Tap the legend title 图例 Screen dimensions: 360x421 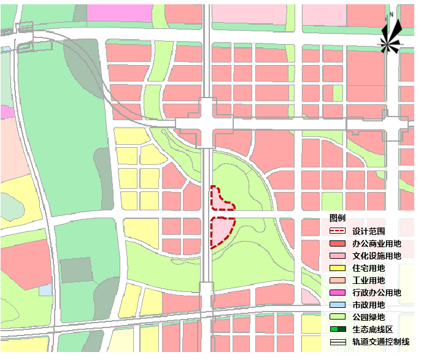click(x=338, y=218)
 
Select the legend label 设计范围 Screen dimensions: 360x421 click(x=368, y=231)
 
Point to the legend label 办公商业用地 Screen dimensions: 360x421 click(x=377, y=243)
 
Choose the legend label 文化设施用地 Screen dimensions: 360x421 click(x=377, y=256)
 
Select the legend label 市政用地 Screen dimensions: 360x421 click(x=368, y=305)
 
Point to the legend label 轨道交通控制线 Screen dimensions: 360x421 click(x=381, y=342)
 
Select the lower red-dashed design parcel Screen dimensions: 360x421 click(x=221, y=231)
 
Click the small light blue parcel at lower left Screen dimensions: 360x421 click(x=45, y=289)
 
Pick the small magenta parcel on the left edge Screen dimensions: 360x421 click(x=6, y=112)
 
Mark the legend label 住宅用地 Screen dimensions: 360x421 click(x=368, y=268)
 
